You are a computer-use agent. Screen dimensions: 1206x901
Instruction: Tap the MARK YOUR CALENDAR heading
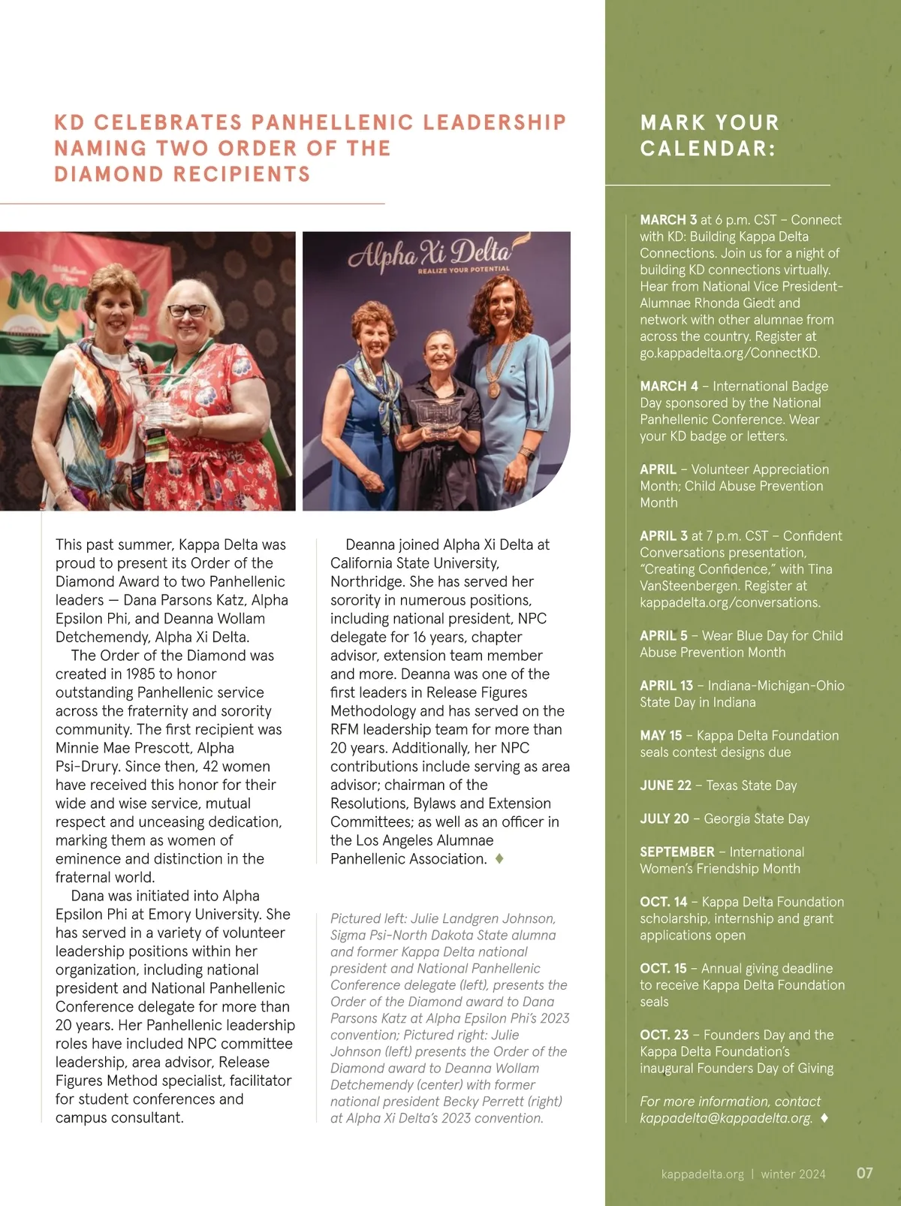point(710,135)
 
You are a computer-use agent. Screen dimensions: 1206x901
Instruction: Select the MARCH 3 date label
point(668,220)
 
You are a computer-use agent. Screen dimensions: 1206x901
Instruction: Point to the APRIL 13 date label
point(666,686)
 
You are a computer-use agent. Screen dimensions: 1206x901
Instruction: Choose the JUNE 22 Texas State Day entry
point(718,785)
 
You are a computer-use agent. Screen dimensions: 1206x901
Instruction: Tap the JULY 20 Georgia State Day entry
point(725,819)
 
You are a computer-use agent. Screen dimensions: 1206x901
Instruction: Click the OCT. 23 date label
point(663,1035)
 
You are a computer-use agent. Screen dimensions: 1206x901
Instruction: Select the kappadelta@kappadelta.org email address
point(725,1118)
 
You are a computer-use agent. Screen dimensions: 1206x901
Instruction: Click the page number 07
point(865,1173)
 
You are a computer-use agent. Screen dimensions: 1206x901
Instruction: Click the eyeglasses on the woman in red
point(186,310)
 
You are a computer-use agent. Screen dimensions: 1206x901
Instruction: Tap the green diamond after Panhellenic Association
point(499,859)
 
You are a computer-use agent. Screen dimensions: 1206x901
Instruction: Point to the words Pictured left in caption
point(364,918)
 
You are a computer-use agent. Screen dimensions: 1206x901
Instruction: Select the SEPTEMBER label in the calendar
point(677,852)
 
